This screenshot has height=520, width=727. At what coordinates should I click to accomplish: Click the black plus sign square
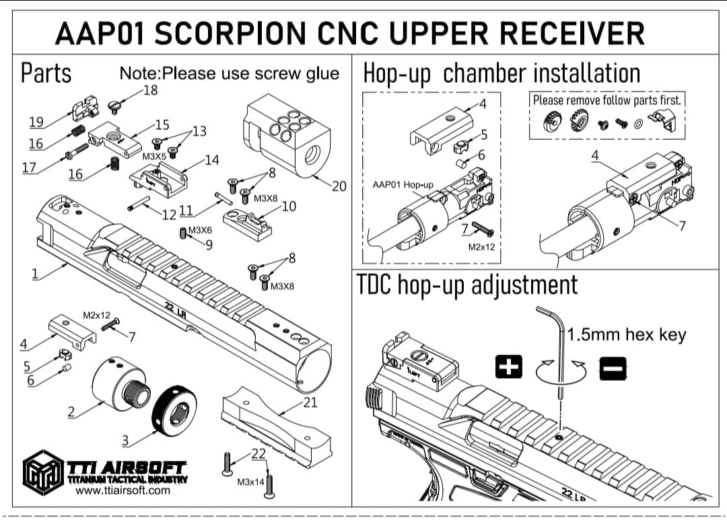[510, 367]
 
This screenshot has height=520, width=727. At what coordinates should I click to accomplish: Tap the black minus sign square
[613, 367]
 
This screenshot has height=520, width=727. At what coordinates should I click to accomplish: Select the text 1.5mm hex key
[626, 334]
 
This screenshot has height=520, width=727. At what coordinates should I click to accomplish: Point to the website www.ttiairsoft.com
[123, 490]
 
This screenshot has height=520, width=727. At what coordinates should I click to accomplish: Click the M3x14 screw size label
[250, 482]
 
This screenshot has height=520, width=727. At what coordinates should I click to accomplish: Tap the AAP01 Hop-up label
[403, 184]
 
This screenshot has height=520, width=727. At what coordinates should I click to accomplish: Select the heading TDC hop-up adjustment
[466, 285]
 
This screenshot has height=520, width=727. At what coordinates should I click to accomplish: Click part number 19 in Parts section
[36, 122]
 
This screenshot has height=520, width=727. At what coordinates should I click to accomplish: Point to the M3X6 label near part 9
[200, 230]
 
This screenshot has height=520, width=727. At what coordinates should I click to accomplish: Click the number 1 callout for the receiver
[34, 273]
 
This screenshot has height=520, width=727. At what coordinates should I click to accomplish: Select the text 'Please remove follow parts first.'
[607, 100]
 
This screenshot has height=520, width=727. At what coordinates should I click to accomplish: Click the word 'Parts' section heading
[46, 73]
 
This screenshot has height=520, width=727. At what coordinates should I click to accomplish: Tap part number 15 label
[162, 124]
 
